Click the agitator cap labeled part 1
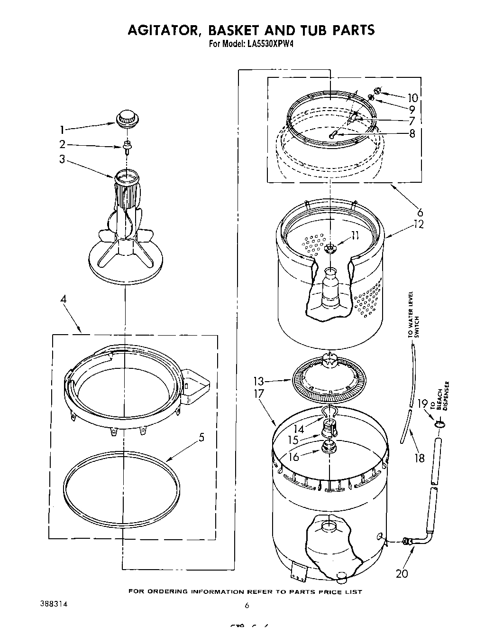click(x=126, y=118)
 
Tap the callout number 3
click(x=62, y=159)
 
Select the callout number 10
click(x=412, y=98)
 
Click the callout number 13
click(x=258, y=381)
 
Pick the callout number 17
click(x=259, y=394)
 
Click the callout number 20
click(x=402, y=573)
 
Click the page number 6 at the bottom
click(x=247, y=605)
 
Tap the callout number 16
click(x=294, y=457)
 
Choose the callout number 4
click(x=63, y=300)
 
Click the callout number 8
click(x=412, y=134)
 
